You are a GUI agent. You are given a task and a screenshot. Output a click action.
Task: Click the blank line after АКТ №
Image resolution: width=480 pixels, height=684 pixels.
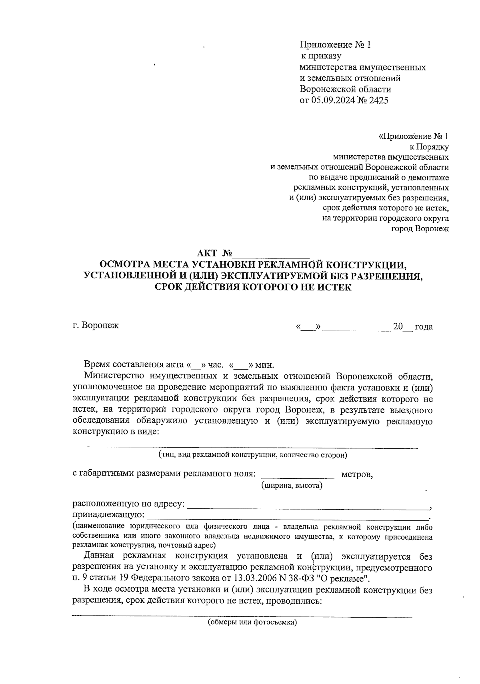273,255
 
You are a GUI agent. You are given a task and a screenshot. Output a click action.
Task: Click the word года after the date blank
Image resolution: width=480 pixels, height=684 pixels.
424,326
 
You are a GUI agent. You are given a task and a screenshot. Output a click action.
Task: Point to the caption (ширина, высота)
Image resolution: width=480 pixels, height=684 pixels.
292,486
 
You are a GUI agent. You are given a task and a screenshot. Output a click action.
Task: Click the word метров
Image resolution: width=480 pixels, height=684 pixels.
357,474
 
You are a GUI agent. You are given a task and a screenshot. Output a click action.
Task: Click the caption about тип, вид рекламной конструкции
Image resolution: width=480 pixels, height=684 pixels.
252,455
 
